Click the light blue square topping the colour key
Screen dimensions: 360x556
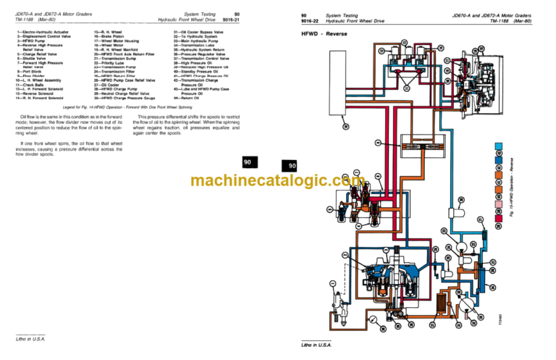(498, 147)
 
